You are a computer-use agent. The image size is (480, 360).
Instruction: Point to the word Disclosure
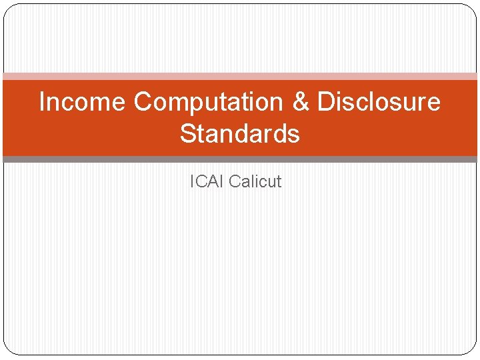point(379,102)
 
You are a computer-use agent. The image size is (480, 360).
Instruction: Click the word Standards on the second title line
point(240,134)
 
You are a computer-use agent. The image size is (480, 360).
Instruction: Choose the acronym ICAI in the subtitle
point(207,181)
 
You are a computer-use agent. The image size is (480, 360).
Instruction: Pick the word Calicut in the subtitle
point(255,181)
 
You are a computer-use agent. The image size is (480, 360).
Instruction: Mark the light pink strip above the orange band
point(240,77)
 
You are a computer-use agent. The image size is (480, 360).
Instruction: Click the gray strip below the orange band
point(240,159)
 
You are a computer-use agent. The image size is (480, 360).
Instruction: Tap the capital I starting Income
point(42,102)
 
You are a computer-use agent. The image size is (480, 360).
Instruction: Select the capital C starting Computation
point(143,102)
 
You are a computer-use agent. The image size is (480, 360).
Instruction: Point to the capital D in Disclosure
point(325,102)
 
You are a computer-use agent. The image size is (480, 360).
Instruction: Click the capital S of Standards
point(189,134)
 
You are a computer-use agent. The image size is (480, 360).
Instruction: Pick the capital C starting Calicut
point(235,181)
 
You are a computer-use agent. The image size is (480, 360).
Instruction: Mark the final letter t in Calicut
point(279,181)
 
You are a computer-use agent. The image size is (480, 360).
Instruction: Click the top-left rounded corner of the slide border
point(7,8)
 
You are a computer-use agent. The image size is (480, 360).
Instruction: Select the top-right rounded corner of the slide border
point(473,8)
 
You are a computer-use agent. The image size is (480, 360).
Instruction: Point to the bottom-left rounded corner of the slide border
point(7,351)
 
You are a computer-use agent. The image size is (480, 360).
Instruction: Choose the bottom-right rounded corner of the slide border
point(473,351)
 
